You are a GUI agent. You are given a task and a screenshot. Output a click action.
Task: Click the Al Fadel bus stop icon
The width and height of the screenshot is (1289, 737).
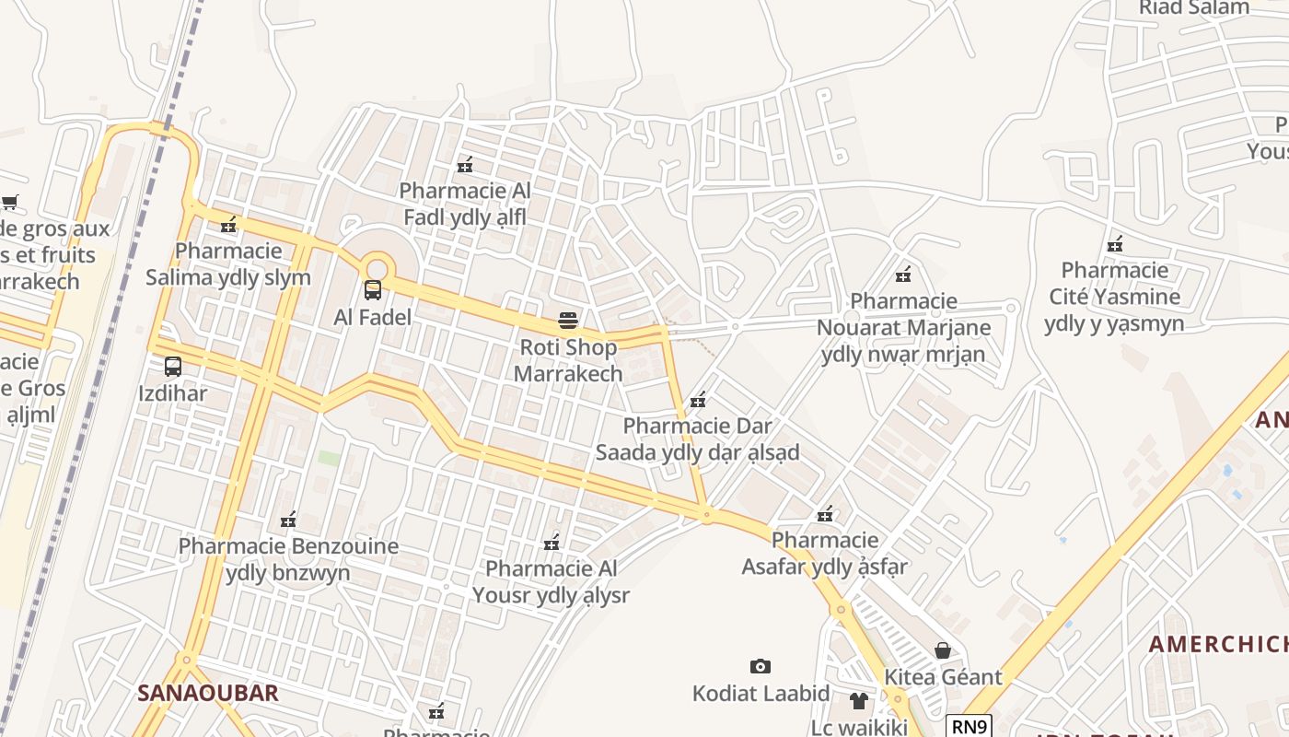[373, 290]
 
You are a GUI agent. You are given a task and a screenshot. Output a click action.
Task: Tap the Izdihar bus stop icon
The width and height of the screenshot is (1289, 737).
[172, 367]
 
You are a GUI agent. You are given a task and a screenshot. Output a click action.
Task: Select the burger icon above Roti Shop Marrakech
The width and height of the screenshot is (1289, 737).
[568, 321]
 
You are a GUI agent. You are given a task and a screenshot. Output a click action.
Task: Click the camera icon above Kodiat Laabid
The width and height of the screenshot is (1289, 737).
[760, 666]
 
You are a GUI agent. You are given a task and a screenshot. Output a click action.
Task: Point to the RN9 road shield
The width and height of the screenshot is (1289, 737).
[969, 727]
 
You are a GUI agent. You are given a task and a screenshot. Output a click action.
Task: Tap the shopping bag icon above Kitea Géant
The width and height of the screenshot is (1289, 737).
[943, 650]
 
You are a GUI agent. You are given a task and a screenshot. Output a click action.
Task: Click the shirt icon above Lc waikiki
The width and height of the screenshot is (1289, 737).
[859, 701]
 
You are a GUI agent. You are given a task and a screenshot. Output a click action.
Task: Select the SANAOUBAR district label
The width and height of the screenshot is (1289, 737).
[207, 693]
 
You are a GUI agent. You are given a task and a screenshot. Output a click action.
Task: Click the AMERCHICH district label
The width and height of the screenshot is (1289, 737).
[1217, 644]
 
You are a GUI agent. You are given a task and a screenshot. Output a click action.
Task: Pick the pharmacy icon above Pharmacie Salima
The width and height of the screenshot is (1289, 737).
[228, 224]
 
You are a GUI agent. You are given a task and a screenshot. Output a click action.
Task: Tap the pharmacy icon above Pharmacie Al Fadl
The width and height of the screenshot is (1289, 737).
[465, 165]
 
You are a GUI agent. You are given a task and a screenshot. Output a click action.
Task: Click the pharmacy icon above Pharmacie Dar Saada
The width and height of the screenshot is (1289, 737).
[698, 400]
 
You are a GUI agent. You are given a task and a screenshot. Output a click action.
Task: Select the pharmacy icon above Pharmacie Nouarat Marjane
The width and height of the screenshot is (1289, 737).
[903, 275]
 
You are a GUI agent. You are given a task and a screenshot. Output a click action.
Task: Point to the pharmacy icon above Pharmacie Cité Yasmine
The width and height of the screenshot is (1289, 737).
[1114, 244]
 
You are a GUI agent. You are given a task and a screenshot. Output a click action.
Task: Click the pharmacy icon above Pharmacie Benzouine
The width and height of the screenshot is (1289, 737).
[288, 520]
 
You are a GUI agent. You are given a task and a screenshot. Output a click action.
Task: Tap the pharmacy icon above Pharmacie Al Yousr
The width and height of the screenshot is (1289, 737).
[552, 542]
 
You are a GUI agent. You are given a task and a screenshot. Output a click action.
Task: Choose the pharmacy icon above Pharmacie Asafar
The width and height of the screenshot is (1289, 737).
[825, 514]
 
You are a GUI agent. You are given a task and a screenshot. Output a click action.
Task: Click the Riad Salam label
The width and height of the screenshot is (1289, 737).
[1193, 8]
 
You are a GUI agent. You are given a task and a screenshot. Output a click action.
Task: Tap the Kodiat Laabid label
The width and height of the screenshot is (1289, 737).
[761, 694]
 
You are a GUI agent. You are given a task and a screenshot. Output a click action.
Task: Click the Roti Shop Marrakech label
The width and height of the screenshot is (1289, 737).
[568, 360]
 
